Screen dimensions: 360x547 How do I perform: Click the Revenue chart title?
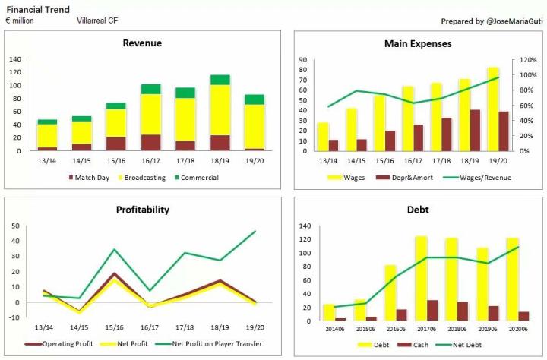pos(142,43)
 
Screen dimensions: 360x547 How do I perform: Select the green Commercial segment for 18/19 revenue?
pos(220,80)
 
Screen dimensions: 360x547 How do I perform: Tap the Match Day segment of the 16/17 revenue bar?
pos(150,142)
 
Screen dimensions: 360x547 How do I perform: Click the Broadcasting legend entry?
pos(147,178)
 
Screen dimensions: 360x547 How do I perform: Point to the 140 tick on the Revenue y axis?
pos(15,59)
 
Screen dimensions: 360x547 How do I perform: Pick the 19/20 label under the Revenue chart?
pos(255,160)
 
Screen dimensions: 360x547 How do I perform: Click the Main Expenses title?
pos(418,43)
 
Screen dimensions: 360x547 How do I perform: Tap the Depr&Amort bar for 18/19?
pos(476,130)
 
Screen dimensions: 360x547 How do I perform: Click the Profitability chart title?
pos(142,210)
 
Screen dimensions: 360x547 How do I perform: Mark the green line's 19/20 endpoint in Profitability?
pos(255,231)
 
